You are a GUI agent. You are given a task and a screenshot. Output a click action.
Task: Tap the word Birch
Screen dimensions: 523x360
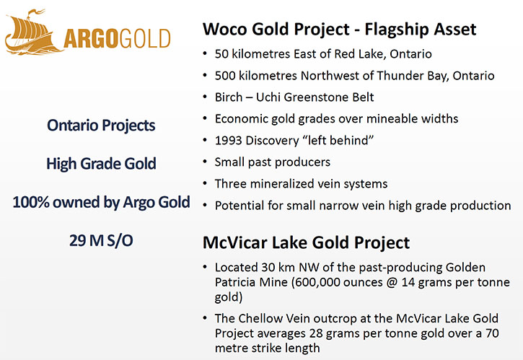coord(229,97)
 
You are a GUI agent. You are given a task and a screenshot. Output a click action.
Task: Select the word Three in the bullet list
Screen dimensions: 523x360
coord(230,184)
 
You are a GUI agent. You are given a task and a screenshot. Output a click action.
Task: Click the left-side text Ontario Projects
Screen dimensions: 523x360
coord(101,126)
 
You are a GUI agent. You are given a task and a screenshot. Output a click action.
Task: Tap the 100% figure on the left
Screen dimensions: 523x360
coord(31,202)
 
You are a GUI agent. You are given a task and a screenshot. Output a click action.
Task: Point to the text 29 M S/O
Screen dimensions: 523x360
coord(101,240)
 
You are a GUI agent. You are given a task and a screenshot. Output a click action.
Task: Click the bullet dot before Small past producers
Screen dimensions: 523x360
coord(205,162)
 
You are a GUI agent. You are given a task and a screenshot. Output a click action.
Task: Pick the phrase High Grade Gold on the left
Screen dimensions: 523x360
coord(101,164)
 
